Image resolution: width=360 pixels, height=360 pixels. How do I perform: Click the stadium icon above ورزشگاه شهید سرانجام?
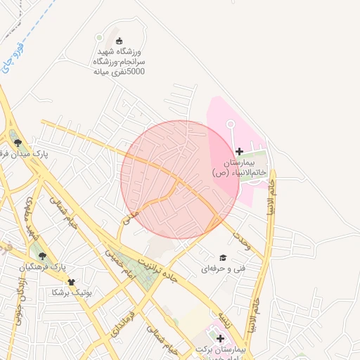coord(119,40)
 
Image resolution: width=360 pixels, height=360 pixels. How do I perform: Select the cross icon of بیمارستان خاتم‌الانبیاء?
coord(239,151)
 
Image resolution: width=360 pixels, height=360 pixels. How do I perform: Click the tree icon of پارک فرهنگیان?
coord(42,256)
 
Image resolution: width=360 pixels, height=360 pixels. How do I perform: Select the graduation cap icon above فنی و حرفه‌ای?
coord(223,257)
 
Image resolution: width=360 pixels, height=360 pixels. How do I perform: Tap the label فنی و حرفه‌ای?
coord(224,269)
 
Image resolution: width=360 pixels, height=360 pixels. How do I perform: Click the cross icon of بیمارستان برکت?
coord(219,338)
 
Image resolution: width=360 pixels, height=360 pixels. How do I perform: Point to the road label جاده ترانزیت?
coord(177,272)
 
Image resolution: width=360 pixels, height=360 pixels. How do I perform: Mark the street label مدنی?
coord(131,219)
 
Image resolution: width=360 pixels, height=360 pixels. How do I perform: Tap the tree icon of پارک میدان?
coord(18,143)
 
